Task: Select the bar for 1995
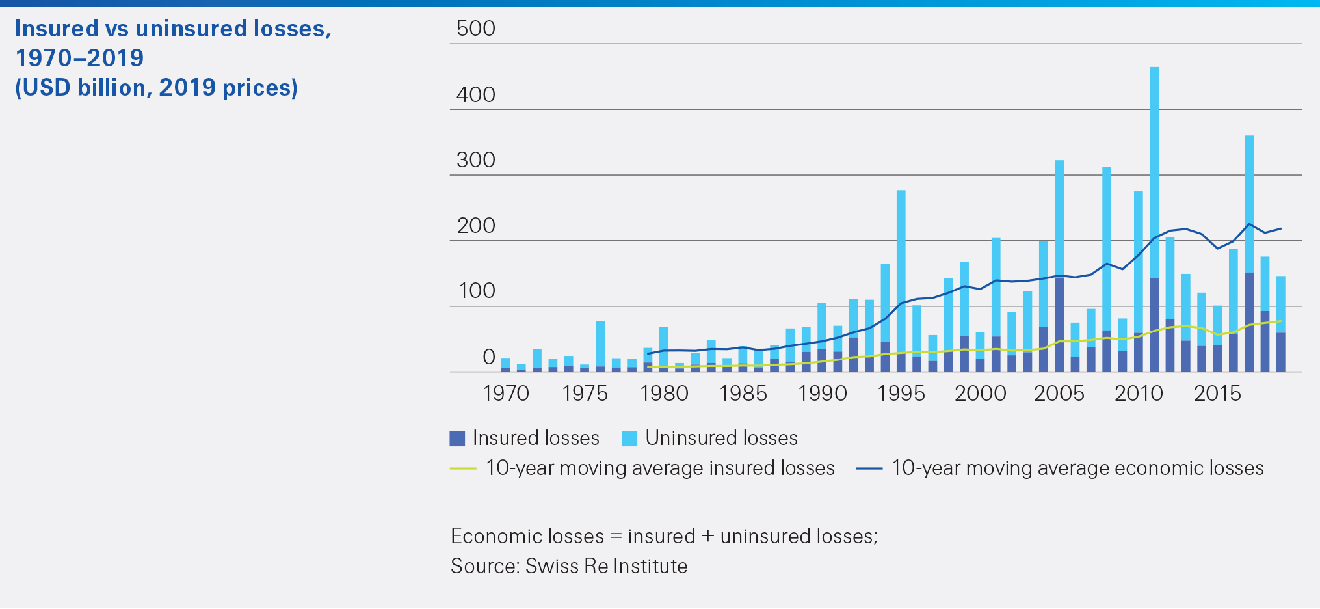pos(901,280)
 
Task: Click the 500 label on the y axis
pos(476,29)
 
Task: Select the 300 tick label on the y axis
pos(476,160)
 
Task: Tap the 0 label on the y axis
pos(489,357)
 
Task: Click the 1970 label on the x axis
pos(506,394)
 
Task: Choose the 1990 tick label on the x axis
pos(823,394)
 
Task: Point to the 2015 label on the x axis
pos(1217,394)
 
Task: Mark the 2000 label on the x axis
pos(981,394)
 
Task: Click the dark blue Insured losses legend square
pos(457,439)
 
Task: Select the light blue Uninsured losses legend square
pos(629,439)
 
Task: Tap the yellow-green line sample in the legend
pos(463,468)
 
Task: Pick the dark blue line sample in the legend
pos(869,468)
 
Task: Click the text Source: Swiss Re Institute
pos(569,566)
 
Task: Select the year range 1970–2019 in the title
pos(79,58)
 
